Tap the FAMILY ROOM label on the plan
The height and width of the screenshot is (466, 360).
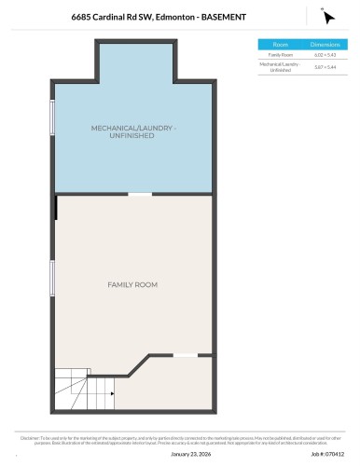(x=132, y=284)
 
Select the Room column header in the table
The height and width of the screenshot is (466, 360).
(x=280, y=44)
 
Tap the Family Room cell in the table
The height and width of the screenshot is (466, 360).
(x=280, y=55)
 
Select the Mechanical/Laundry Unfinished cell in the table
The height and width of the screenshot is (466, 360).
(x=280, y=67)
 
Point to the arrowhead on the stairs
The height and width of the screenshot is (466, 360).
(x=112, y=394)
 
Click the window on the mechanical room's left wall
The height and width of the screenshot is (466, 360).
(x=53, y=117)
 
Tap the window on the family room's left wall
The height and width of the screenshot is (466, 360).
(x=53, y=278)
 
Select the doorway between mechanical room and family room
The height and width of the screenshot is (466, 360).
(x=140, y=194)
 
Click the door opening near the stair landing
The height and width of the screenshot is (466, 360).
(x=185, y=354)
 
